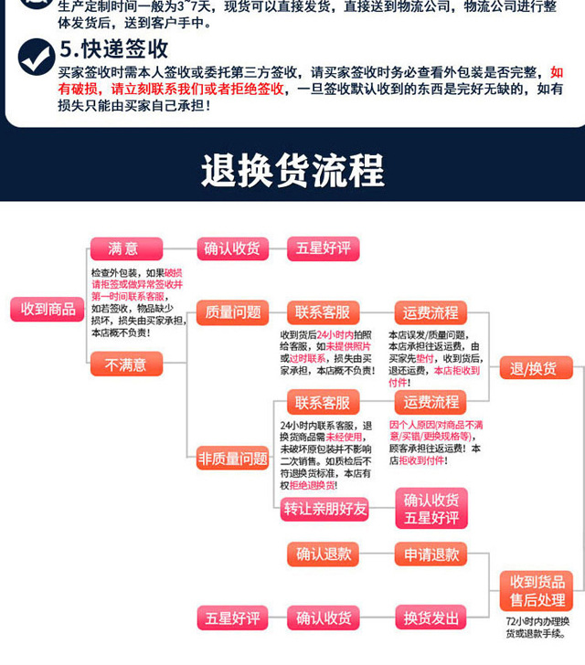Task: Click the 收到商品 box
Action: [48, 309]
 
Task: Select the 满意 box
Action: [126, 248]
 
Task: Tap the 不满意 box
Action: [126, 364]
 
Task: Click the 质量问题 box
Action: [233, 311]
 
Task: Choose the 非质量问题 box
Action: [233, 459]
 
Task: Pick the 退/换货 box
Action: [539, 369]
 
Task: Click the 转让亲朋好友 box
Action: [324, 509]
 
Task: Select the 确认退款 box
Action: [323, 554]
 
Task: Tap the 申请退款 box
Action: [431, 554]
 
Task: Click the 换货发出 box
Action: [431, 618]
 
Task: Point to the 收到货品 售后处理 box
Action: [538, 591]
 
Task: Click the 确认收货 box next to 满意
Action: [232, 248]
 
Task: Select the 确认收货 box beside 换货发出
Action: [323, 618]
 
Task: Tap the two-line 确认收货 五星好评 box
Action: [431, 509]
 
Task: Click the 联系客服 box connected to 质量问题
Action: [323, 311]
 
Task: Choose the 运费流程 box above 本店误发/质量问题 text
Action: [431, 311]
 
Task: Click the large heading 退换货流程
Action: [292, 171]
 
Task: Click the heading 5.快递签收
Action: [113, 48]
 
